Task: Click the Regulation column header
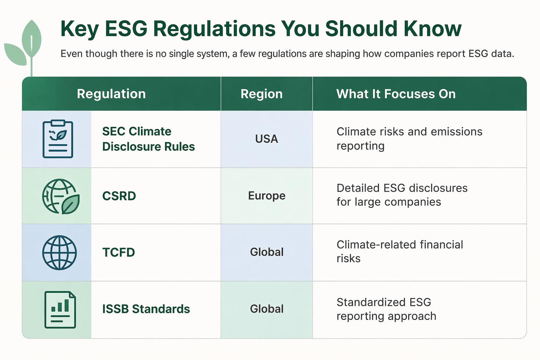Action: pyautogui.click(x=111, y=94)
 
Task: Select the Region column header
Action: pyautogui.click(x=261, y=94)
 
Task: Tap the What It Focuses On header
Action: pyautogui.click(x=396, y=94)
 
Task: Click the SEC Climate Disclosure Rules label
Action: pyautogui.click(x=148, y=139)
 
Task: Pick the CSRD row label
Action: pyautogui.click(x=119, y=196)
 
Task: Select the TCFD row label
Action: pyautogui.click(x=118, y=252)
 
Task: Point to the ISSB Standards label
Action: pyautogui.click(x=146, y=309)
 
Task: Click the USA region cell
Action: pyautogui.click(x=266, y=139)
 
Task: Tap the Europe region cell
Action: pyautogui.click(x=266, y=195)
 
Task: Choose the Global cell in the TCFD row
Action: pyautogui.click(x=266, y=252)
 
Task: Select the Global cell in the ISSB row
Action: pyautogui.click(x=266, y=309)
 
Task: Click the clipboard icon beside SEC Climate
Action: pyautogui.click(x=58, y=139)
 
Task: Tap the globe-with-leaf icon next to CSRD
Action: pyautogui.click(x=60, y=196)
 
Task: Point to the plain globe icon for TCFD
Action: pyautogui.click(x=59, y=252)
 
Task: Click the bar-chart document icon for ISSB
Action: pyautogui.click(x=60, y=310)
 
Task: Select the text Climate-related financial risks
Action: pyautogui.click(x=399, y=251)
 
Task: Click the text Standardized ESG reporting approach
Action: pyautogui.click(x=386, y=309)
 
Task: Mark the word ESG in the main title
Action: pyautogui.click(x=126, y=28)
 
